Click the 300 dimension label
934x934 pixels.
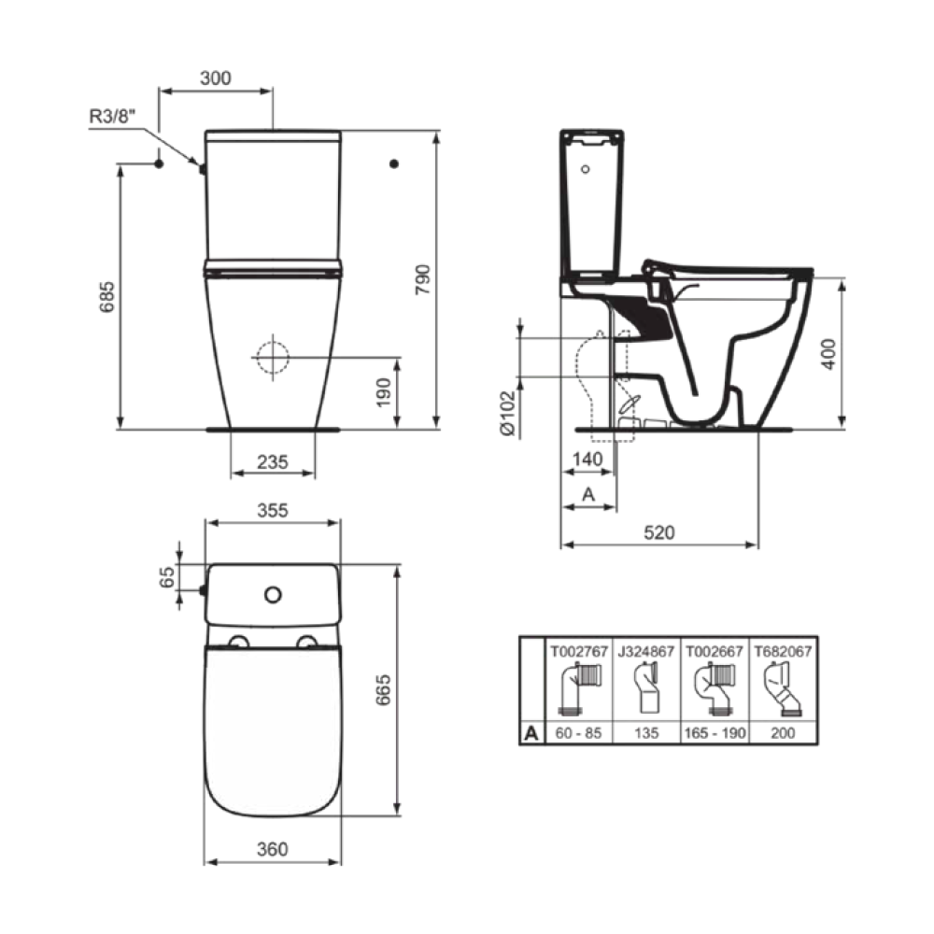pyautogui.click(x=216, y=78)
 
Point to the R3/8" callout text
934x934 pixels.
pyautogui.click(x=113, y=116)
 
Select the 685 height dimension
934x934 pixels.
pyautogui.click(x=107, y=297)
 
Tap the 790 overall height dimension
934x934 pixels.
pyautogui.click(x=422, y=279)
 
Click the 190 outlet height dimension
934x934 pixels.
pyautogui.click(x=384, y=392)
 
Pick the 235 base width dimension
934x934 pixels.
pyautogui.click(x=272, y=461)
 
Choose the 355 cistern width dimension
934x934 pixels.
pyautogui.click(x=272, y=511)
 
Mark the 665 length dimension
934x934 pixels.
pyautogui.click(x=384, y=690)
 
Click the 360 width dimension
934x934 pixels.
pyautogui.click(x=272, y=849)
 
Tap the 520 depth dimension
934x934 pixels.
pyautogui.click(x=659, y=532)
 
